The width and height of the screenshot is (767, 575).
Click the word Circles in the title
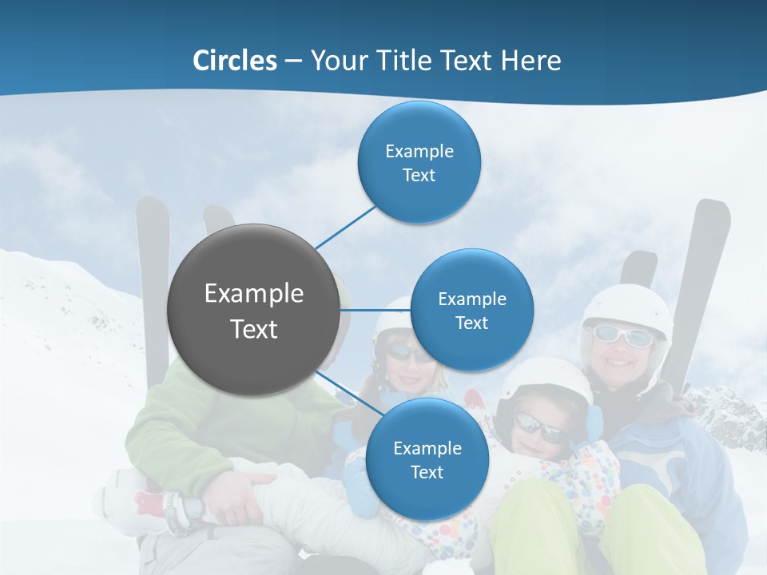click(x=235, y=61)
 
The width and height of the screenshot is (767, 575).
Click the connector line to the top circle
click(x=345, y=226)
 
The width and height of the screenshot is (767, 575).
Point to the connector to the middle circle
click(x=376, y=310)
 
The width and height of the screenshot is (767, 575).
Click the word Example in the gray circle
click(x=253, y=294)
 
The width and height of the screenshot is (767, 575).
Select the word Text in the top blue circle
click(x=419, y=175)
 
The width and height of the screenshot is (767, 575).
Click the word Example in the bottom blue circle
click(x=427, y=448)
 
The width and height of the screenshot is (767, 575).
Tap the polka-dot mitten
click(x=587, y=479)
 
